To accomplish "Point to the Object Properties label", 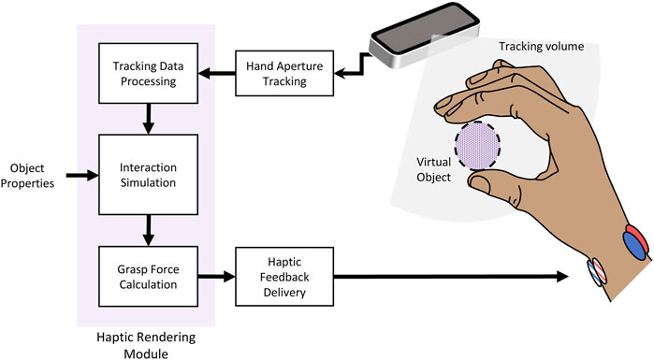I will tap(27, 174).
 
